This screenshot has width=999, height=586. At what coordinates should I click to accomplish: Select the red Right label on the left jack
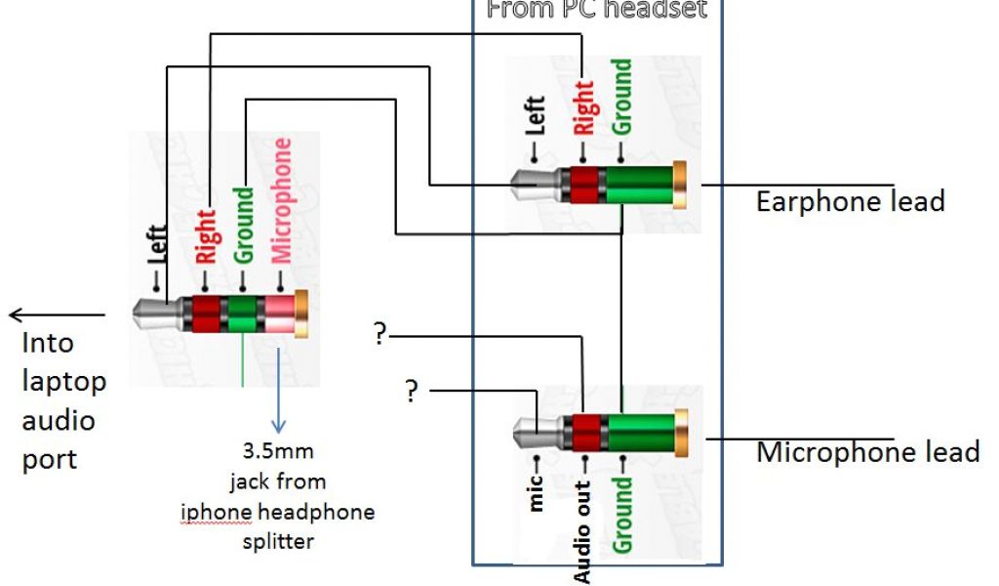[x=206, y=236]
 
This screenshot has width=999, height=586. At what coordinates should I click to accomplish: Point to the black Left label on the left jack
[x=158, y=250]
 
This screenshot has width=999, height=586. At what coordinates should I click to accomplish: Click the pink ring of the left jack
[x=278, y=315]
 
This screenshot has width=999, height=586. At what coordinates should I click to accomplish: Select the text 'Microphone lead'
[x=867, y=453]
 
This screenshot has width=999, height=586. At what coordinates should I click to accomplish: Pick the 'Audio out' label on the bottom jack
[x=582, y=532]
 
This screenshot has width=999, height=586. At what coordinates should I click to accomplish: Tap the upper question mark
[x=380, y=335]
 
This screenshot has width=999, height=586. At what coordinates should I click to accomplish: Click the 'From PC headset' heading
[x=596, y=10]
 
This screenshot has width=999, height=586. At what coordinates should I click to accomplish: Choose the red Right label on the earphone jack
[x=583, y=107]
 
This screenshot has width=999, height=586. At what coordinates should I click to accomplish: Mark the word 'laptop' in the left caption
[x=64, y=382]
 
